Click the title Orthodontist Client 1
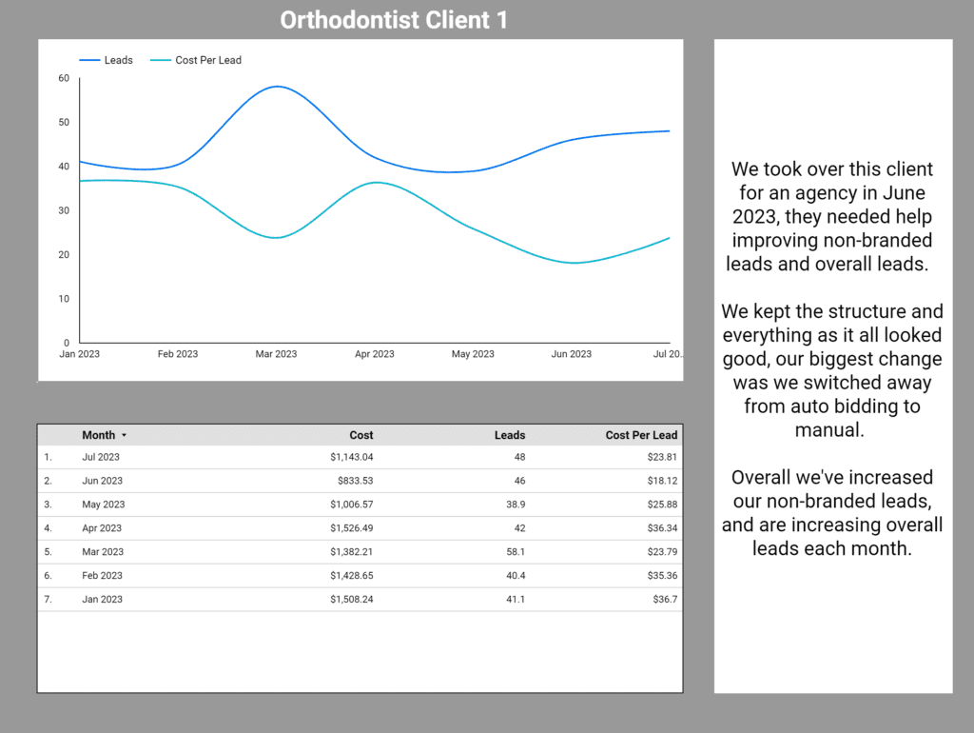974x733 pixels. coord(394,20)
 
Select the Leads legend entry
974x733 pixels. coord(118,60)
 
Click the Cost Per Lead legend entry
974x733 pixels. coord(207,60)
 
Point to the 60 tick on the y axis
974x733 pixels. coord(64,78)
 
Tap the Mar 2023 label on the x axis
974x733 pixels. coord(276,354)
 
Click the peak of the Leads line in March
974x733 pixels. coord(276,87)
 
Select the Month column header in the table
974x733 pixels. coord(98,435)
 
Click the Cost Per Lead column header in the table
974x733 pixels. coord(641,435)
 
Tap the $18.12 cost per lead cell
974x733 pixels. coord(660,481)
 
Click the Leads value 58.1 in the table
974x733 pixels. coord(513,552)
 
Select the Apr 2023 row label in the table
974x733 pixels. coord(102,528)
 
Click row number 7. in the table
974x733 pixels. coord(48,600)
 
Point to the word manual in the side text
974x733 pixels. coord(832,430)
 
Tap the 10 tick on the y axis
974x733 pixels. coord(64,299)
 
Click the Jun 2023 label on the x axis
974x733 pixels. coord(571,354)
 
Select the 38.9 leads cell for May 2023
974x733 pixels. coord(513,505)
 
